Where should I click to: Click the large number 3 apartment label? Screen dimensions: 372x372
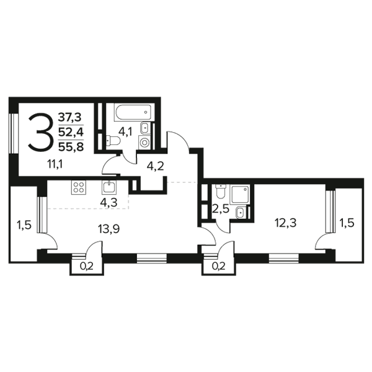[40, 133]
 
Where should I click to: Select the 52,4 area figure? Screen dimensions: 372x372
[71, 133]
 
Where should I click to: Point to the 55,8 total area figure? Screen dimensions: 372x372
[71, 148]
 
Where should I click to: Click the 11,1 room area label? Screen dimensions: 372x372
[55, 164]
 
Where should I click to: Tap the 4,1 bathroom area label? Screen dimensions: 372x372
[125, 131]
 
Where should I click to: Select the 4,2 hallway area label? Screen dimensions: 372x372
[156, 167]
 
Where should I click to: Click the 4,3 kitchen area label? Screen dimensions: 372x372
[109, 203]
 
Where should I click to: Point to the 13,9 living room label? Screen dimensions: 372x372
[108, 229]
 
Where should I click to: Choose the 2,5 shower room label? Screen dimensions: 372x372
[221, 210]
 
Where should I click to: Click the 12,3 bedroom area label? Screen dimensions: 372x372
[286, 223]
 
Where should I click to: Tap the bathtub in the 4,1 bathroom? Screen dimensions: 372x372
[133, 112]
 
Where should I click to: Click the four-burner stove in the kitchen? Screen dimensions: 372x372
[79, 188]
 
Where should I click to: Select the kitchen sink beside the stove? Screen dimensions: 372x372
[109, 188]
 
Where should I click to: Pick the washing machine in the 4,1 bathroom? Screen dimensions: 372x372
[144, 143]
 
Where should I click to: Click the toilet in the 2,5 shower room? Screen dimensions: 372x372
[220, 192]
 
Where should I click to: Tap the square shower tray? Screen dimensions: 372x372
[240, 194]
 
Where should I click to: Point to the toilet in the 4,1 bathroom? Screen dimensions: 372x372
[113, 141]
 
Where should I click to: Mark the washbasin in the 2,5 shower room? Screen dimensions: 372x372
[241, 212]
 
